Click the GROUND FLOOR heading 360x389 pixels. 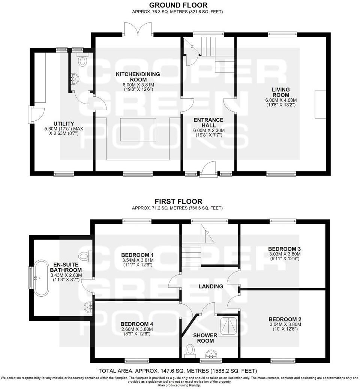pos(178,5)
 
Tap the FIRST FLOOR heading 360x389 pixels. pos(178,201)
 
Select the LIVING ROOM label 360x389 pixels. pos(281,92)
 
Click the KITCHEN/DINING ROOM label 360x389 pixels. pos(138,77)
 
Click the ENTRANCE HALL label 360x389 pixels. pos(208,123)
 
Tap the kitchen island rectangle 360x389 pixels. pos(138,129)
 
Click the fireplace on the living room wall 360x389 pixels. pos(321,104)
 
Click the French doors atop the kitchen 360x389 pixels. pos(138,29)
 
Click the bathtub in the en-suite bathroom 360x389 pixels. pos(41,278)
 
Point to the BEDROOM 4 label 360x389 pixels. pos(136,324)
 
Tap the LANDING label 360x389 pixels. pos(211,286)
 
